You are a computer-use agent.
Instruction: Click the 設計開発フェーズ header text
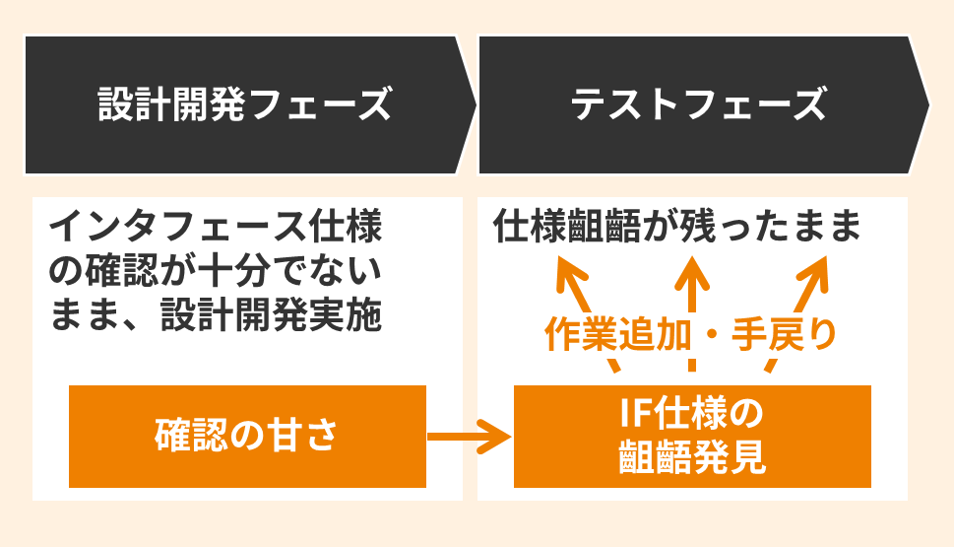245,104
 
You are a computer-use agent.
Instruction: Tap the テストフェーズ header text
699,104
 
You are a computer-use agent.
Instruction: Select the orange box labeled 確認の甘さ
247,436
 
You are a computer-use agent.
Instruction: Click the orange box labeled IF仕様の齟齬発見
692,436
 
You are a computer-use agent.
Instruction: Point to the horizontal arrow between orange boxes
471,436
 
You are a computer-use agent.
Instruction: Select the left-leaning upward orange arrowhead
566,272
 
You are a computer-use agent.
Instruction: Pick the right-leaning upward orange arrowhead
818,272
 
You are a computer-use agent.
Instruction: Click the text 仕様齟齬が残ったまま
677,228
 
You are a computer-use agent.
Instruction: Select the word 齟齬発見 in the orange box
692,458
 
